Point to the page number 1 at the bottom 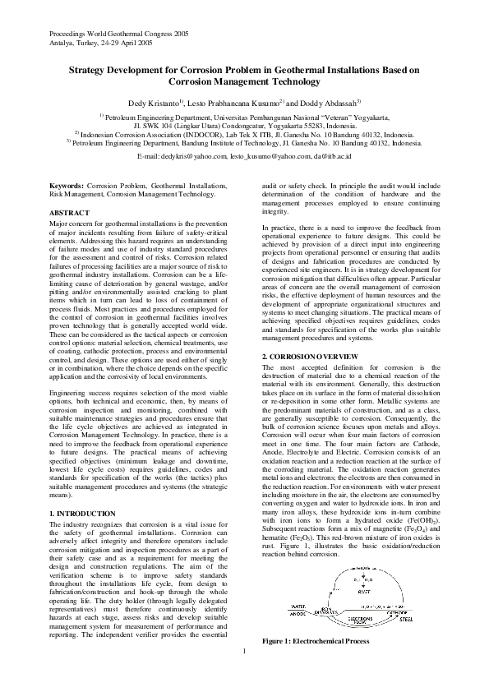(x=244, y=675)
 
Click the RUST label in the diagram (x=363, y=590)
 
